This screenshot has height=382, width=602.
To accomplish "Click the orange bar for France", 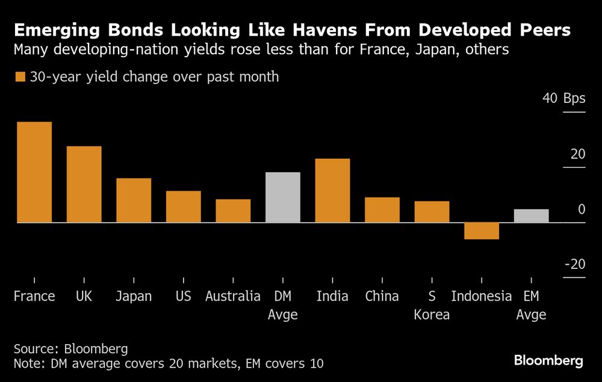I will pos(34,172).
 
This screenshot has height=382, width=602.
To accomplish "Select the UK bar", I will pos(84,184).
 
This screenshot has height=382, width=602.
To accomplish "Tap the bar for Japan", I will pos(134,200).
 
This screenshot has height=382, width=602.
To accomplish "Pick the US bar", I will pos(183,206).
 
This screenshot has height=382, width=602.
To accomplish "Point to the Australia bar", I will pos(233,211).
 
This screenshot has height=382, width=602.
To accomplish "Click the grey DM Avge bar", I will pos(283,197).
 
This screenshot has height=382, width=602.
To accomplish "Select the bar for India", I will pos(332,191).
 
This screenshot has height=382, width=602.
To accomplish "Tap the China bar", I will pos(382,210).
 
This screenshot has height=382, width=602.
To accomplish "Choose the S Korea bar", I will pos(432,212).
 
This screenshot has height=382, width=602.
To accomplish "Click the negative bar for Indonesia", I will pos(482,231).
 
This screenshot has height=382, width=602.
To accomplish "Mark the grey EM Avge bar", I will pos(531,216).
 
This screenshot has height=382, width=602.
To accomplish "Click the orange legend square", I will pos(20,77).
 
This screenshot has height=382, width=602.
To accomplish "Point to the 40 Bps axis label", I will pos(563,99).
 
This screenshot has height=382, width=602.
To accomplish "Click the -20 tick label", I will pos(574,265).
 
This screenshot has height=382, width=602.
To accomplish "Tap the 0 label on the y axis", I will pos(581,209).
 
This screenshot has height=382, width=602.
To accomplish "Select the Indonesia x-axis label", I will pos(482,296).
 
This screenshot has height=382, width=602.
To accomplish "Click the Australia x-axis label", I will pos(233,296).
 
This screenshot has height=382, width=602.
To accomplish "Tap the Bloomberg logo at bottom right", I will pos(548,360).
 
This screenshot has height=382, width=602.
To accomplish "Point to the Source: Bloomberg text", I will pos(71,349).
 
